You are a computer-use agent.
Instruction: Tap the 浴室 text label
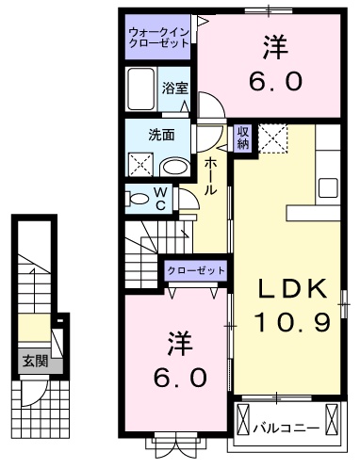pos(175,89)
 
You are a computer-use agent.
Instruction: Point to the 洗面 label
pos(161,134)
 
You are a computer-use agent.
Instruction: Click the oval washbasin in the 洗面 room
pos(175,166)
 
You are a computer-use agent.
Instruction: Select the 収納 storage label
pos(242,137)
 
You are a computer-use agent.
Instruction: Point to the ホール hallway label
pos(211,176)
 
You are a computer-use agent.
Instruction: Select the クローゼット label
pos(196,270)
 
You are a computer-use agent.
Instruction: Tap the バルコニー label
pos(286,429)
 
